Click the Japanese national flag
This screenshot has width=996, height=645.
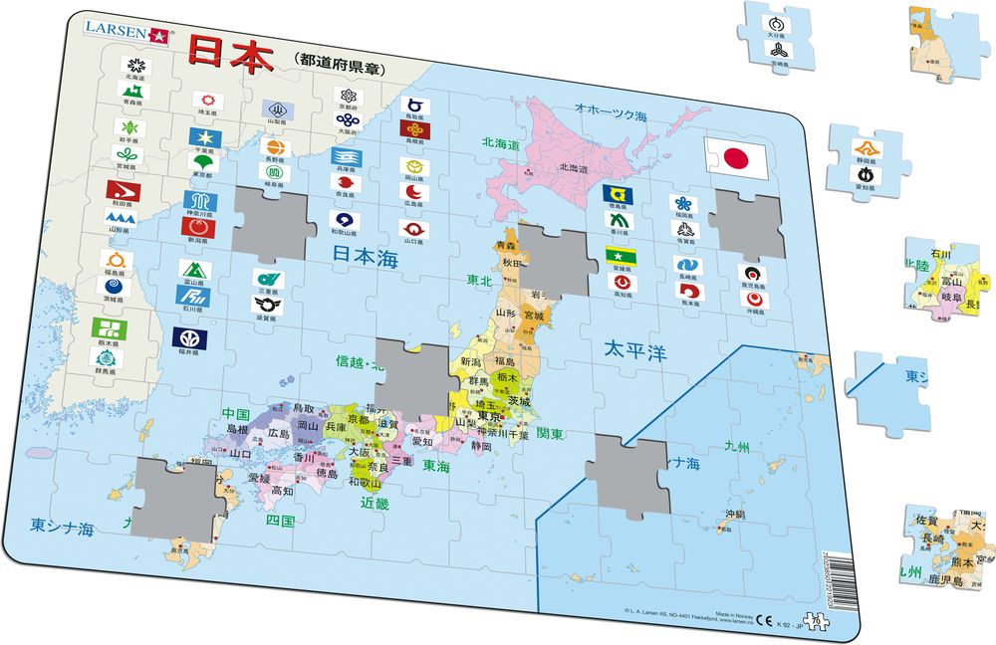[x=734, y=157]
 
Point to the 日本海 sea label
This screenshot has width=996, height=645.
[x=365, y=255]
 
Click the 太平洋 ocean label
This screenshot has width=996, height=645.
[x=634, y=351]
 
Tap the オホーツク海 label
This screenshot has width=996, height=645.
[x=612, y=107]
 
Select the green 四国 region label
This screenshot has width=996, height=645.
[x=280, y=520]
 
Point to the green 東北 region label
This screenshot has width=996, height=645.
[x=480, y=281]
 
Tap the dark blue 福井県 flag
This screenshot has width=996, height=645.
[x=190, y=338]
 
